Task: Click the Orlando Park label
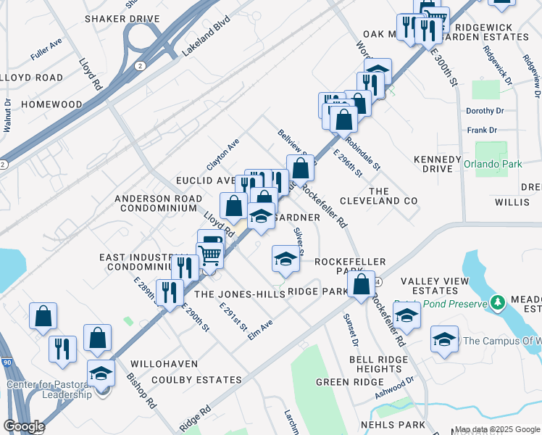click(493, 164)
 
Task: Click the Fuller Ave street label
click(46, 49)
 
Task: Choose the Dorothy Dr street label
click(485, 111)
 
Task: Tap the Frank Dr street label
click(482, 130)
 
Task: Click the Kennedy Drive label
click(438, 164)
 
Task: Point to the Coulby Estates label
click(186, 380)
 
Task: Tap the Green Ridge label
click(345, 381)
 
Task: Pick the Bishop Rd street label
click(142, 390)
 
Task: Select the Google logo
click(25, 426)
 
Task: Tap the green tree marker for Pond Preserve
click(498, 302)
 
